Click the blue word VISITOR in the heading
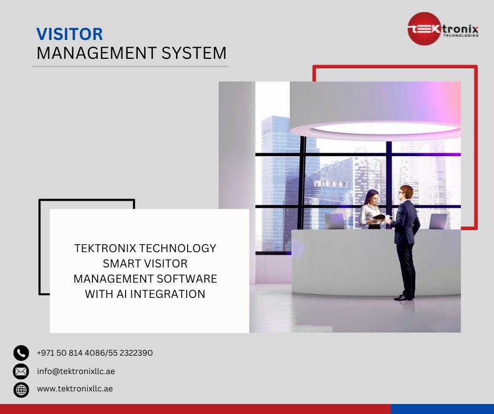pyautogui.click(x=69, y=34)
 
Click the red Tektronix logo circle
pyautogui.click(x=424, y=29)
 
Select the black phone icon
pyautogui.click(x=21, y=353)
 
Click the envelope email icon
pyautogui.click(x=21, y=371)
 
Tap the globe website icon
pyautogui.click(x=21, y=389)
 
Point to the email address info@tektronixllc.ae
pyautogui.click(x=76, y=371)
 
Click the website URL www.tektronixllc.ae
pyautogui.click(x=75, y=389)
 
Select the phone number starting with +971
pyautogui.click(x=95, y=353)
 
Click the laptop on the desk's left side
pyautogui.click(x=334, y=221)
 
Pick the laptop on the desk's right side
pyautogui.click(x=438, y=221)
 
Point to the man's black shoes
pyautogui.click(x=403, y=297)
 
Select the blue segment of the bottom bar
pyautogui.click(x=442, y=409)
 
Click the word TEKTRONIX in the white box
pyautogui.click(x=106, y=248)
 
